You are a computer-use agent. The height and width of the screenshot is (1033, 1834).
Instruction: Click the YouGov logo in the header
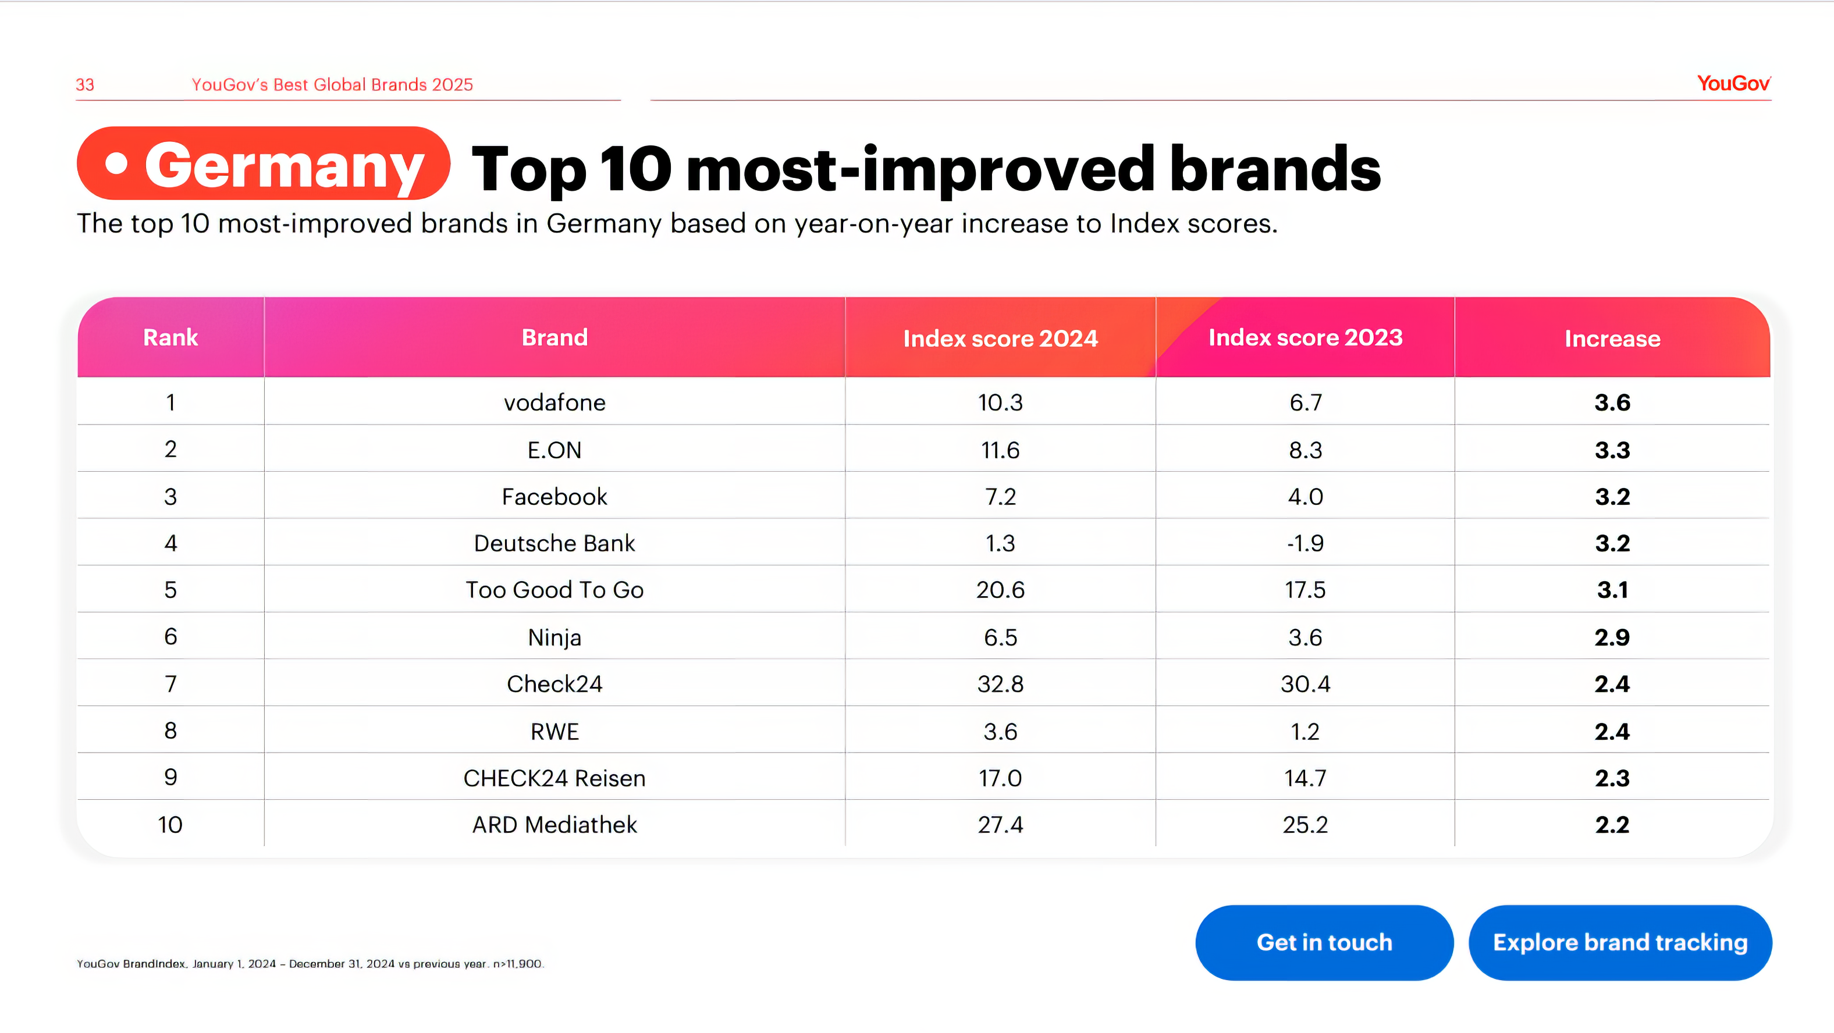point(1733,84)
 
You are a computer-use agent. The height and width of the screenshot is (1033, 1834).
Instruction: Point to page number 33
point(85,85)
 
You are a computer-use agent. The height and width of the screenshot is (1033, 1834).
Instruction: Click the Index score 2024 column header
point(1000,338)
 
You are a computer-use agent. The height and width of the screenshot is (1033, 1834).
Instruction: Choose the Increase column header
point(1612,338)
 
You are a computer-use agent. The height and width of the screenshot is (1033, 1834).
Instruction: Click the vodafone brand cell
point(555,403)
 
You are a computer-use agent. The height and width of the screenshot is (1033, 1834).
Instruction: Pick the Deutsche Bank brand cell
point(555,543)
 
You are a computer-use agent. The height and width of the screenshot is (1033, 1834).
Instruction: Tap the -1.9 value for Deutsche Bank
point(1305,543)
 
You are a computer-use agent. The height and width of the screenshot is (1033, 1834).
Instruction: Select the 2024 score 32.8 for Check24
point(1000,684)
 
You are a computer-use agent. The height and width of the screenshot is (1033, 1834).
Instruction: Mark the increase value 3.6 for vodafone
point(1612,403)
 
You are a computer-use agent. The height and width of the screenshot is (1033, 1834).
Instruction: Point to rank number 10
point(170,824)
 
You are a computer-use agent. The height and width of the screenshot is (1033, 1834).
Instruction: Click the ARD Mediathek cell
point(555,824)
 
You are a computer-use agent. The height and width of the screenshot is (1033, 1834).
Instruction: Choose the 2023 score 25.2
point(1305,824)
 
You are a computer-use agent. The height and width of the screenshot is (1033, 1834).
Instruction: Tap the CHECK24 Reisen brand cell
point(555,778)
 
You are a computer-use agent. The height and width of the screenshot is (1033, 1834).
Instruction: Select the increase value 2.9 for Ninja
point(1612,637)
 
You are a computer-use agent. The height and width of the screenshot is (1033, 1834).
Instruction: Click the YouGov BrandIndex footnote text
point(310,964)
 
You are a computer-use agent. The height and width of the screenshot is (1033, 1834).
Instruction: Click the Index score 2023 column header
point(1305,337)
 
